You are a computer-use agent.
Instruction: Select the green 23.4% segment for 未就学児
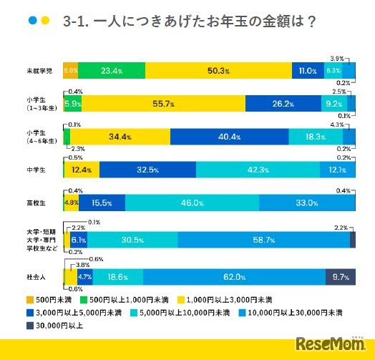pyautogui.click(x=111, y=70)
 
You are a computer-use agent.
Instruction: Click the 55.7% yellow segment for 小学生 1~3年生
pyautogui.click(x=157, y=104)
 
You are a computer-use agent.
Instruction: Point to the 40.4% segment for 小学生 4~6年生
pyautogui.click(x=229, y=137)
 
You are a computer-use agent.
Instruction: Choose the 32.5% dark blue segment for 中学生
pyautogui.click(x=147, y=170)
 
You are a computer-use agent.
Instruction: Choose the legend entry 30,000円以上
pyautogui.click(x=57, y=326)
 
